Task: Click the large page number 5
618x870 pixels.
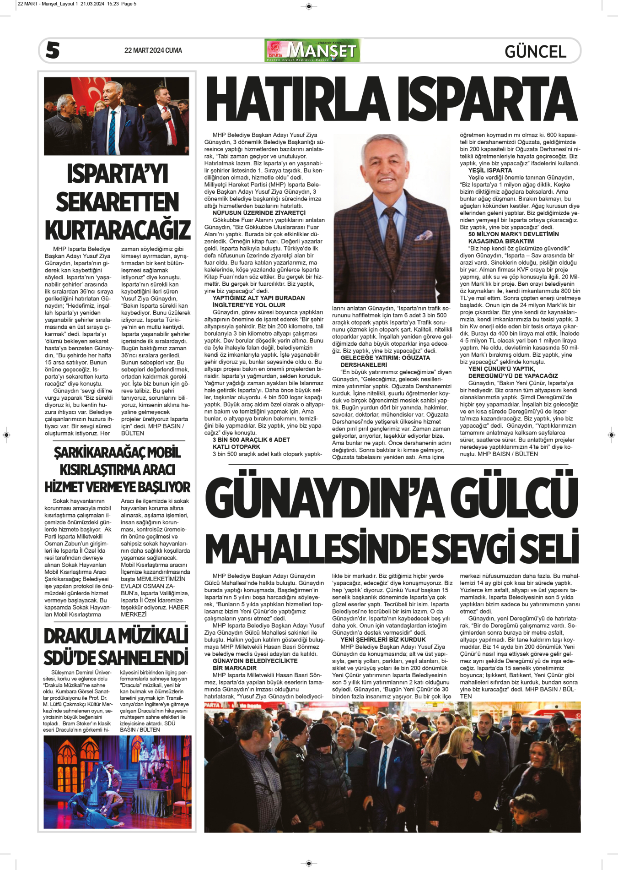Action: click(x=53, y=50)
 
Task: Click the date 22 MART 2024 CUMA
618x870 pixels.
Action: click(x=153, y=50)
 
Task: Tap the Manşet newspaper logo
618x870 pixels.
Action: click(x=312, y=50)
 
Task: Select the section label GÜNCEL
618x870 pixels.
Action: click(x=535, y=51)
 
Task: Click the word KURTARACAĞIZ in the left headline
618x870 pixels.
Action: click(x=118, y=230)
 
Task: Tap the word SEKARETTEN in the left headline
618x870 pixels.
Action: click(x=118, y=202)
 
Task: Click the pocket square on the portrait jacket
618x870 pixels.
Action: click(x=424, y=236)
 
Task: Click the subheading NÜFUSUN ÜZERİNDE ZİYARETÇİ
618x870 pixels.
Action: click(x=259, y=213)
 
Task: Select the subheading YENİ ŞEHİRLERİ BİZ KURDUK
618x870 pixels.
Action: click(x=383, y=640)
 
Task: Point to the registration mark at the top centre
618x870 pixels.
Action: click(x=309, y=6)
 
